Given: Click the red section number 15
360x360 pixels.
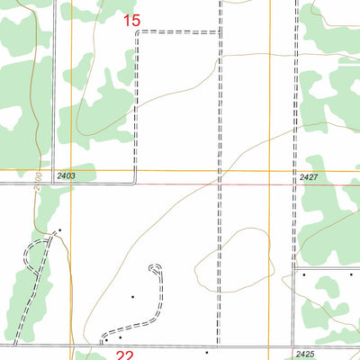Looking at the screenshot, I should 132,19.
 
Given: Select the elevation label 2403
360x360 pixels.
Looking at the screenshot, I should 64,177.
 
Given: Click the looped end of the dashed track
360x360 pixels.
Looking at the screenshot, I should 155,268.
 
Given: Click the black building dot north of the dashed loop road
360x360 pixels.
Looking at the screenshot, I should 59,230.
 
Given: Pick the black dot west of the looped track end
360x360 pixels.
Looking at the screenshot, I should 132,295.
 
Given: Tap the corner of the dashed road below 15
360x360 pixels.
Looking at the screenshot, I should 136,32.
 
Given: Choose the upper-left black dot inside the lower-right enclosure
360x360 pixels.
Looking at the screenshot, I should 304,274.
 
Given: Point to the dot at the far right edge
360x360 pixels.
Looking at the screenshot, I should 351,274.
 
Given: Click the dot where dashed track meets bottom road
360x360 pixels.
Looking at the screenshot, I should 105,340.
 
